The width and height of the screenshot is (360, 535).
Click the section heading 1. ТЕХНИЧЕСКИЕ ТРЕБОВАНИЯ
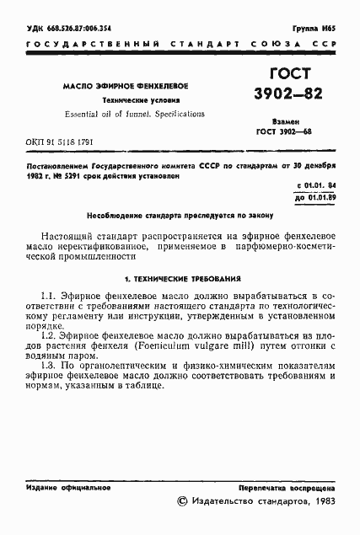point(182,277)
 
